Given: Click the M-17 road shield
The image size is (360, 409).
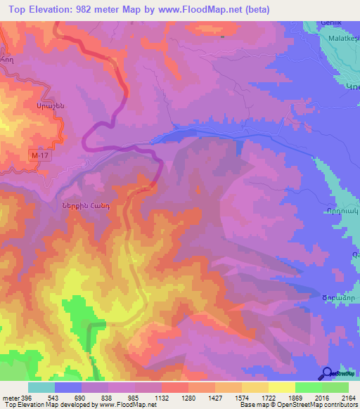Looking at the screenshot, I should [40, 154].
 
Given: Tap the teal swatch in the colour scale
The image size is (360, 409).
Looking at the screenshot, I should [41, 387].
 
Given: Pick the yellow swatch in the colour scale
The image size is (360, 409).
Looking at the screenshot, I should [281, 387].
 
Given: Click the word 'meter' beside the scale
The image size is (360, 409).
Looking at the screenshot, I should [10, 398].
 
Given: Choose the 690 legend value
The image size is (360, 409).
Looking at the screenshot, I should [82, 398].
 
